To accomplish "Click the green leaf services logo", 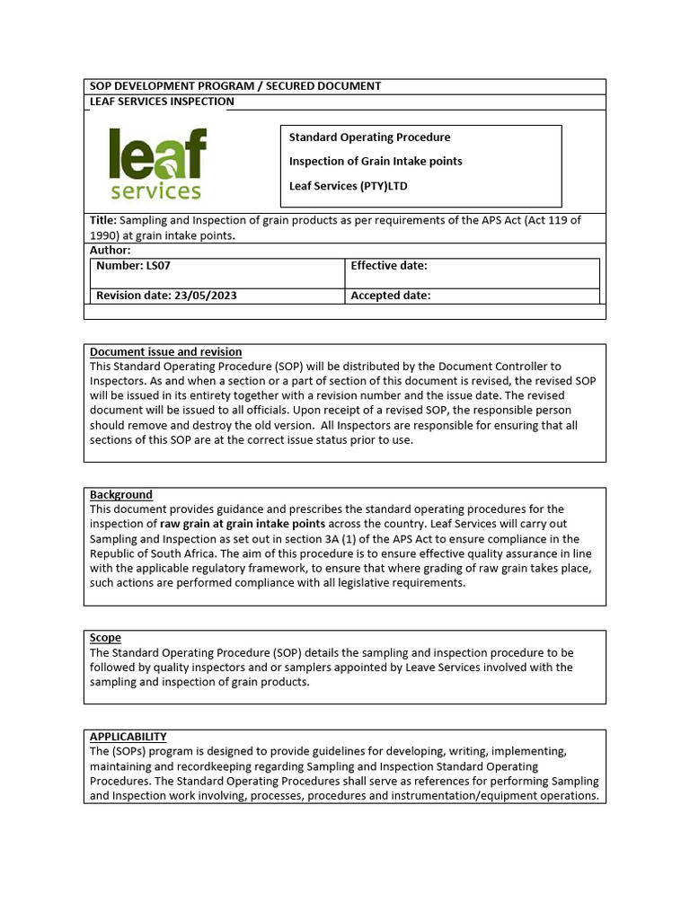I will coord(157,164).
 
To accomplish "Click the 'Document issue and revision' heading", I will coord(165,352).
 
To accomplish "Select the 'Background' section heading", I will coord(121,495).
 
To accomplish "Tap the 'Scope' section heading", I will coord(105,638).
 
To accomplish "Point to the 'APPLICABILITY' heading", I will coord(128,737).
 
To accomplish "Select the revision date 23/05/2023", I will coord(206,296).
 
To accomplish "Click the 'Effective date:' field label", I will coord(388,266).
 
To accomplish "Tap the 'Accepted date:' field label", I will coord(390,296).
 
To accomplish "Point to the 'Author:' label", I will coord(111,251).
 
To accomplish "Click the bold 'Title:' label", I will coord(103,221).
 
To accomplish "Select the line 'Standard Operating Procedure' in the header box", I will coord(369,137).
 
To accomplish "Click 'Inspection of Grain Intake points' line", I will coord(376,162).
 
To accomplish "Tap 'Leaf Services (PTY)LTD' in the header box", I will coord(348,186).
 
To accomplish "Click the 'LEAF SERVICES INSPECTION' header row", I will coord(162,102).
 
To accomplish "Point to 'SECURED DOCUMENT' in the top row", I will coord(327,86).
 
